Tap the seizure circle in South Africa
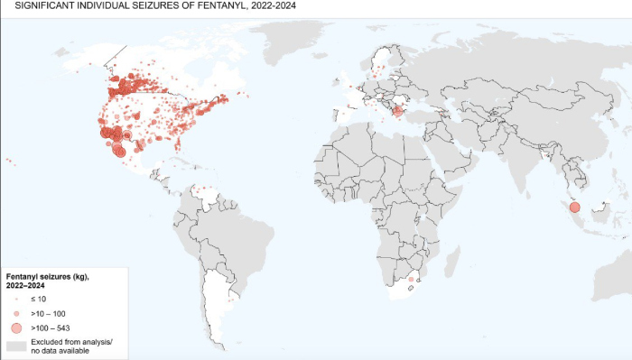coord(412,280)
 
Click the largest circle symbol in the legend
coord(15,328)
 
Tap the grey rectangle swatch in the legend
coord(15,346)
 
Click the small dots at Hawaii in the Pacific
coord(10,162)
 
